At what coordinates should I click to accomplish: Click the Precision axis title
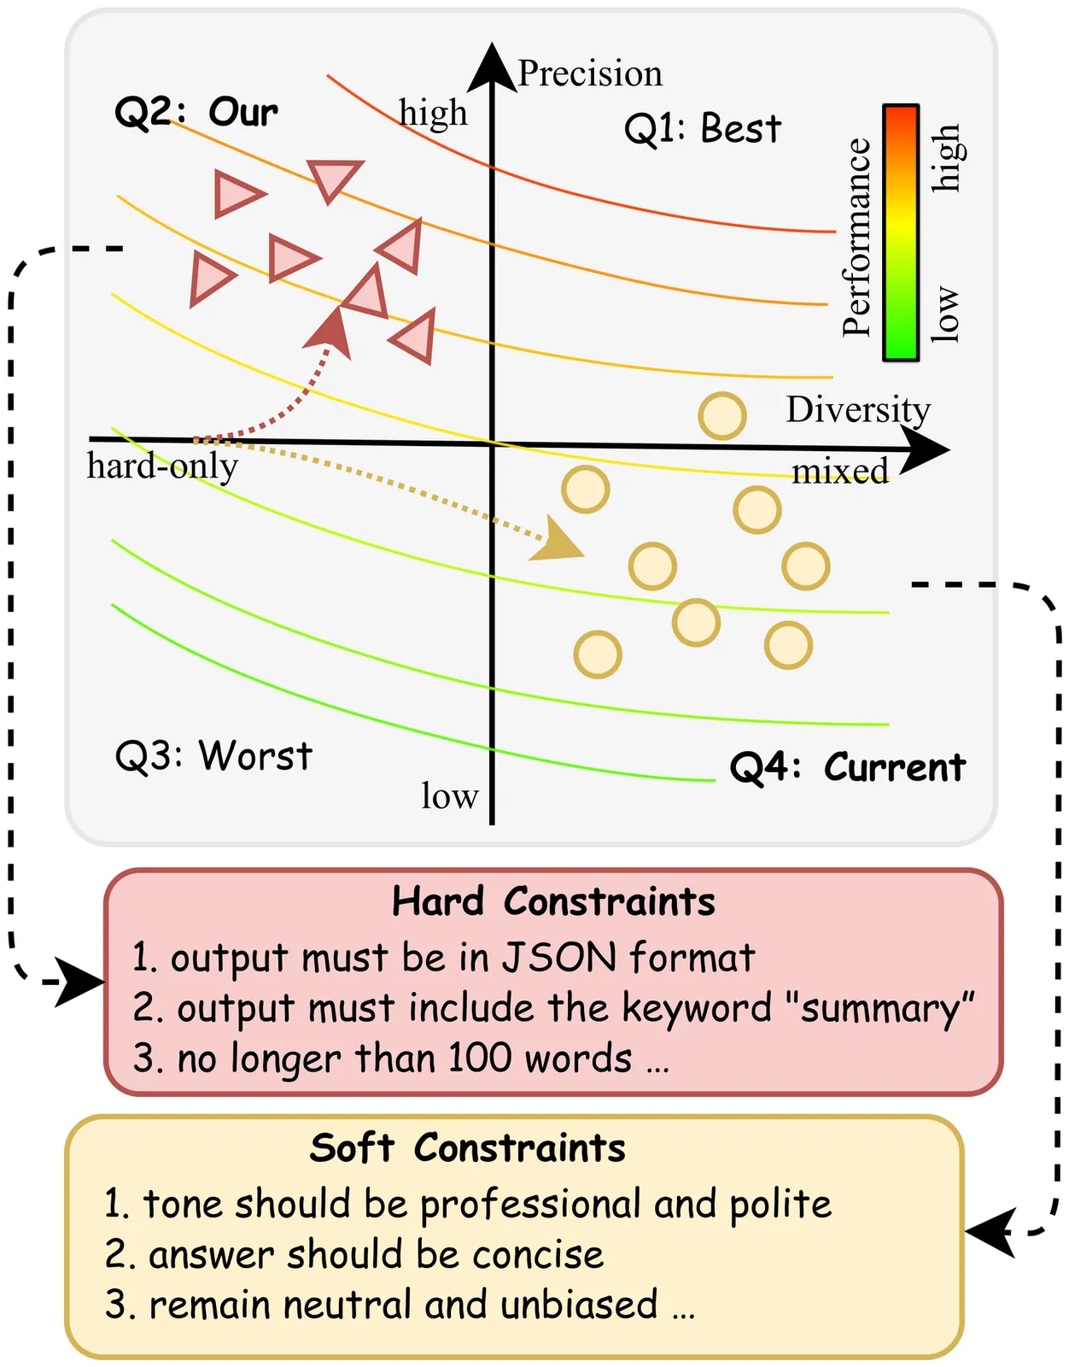tap(590, 73)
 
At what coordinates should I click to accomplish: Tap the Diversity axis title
tap(857, 410)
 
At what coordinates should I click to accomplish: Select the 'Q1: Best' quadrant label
tap(702, 129)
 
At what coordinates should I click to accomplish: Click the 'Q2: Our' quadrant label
tap(196, 112)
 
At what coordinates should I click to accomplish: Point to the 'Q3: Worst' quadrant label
tap(213, 756)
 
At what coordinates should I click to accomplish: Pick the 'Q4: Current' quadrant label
tap(847, 767)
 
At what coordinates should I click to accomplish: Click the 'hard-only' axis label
tap(162, 466)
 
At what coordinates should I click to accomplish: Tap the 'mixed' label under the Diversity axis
tap(840, 472)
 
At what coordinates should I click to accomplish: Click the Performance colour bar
tap(901, 232)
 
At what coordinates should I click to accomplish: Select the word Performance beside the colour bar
tap(856, 237)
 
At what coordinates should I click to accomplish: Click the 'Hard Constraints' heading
tap(553, 902)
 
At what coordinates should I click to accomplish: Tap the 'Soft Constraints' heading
tap(467, 1148)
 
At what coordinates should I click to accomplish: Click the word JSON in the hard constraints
tap(558, 958)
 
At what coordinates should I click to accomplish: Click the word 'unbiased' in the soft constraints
tap(579, 1305)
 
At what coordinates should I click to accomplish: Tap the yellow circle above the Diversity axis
tap(722, 416)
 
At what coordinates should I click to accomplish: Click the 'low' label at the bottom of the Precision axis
tap(449, 796)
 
